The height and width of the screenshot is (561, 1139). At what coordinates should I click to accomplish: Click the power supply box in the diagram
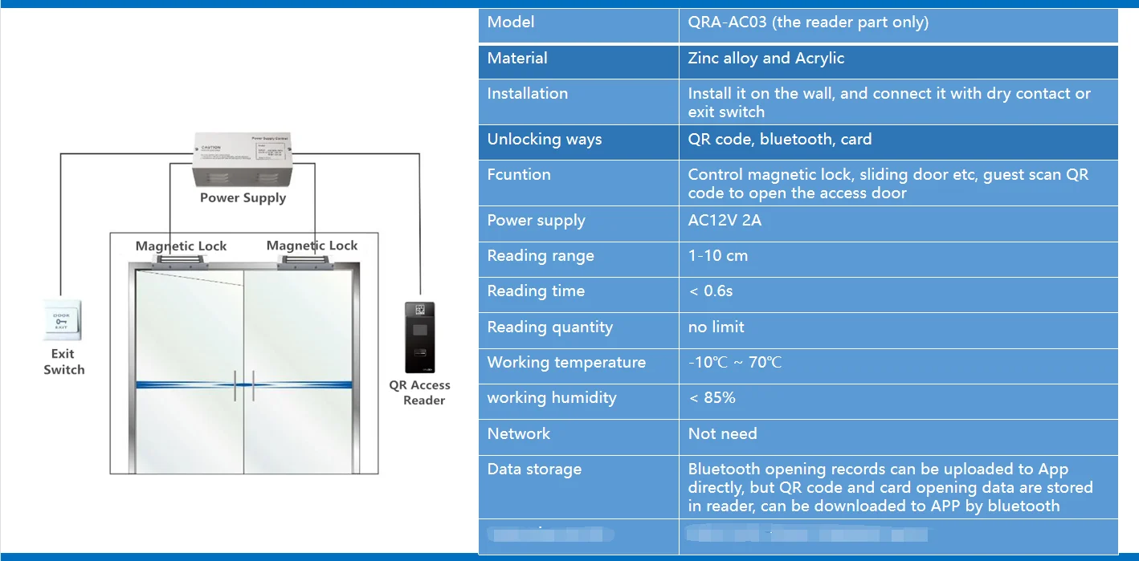pyautogui.click(x=243, y=160)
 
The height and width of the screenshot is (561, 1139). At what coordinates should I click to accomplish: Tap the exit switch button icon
pyautogui.click(x=62, y=320)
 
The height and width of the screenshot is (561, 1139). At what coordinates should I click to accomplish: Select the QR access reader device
pyautogui.click(x=419, y=337)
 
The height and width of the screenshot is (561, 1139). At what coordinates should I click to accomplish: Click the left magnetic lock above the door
pyautogui.click(x=181, y=260)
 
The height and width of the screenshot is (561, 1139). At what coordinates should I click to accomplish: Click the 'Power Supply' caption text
pyautogui.click(x=243, y=197)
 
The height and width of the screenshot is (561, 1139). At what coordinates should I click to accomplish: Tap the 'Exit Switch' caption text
pyautogui.click(x=63, y=362)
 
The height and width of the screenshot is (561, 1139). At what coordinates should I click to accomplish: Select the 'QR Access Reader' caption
pyautogui.click(x=420, y=392)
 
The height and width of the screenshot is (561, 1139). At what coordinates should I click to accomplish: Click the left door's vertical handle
pyautogui.click(x=235, y=386)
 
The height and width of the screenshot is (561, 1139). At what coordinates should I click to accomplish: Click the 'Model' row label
pyautogui.click(x=511, y=22)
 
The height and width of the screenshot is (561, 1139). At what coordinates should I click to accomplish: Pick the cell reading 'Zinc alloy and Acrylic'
pyautogui.click(x=766, y=59)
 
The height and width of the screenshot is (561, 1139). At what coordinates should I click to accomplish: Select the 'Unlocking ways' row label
pyautogui.click(x=545, y=140)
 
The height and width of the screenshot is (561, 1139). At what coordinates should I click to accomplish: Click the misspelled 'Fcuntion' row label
pyautogui.click(x=519, y=175)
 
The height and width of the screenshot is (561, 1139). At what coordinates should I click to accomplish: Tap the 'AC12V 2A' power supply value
pyautogui.click(x=725, y=221)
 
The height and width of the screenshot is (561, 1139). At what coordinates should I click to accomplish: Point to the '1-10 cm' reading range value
pyautogui.click(x=718, y=256)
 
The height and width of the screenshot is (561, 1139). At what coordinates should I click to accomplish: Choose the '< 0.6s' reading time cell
pyautogui.click(x=711, y=291)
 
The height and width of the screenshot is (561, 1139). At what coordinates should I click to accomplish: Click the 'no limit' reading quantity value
pyautogui.click(x=716, y=327)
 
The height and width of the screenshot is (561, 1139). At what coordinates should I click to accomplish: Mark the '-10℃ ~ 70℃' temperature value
pyautogui.click(x=735, y=363)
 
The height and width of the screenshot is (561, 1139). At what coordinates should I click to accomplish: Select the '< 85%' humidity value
pyautogui.click(x=712, y=398)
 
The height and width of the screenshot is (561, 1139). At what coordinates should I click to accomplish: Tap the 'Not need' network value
pyautogui.click(x=723, y=434)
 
